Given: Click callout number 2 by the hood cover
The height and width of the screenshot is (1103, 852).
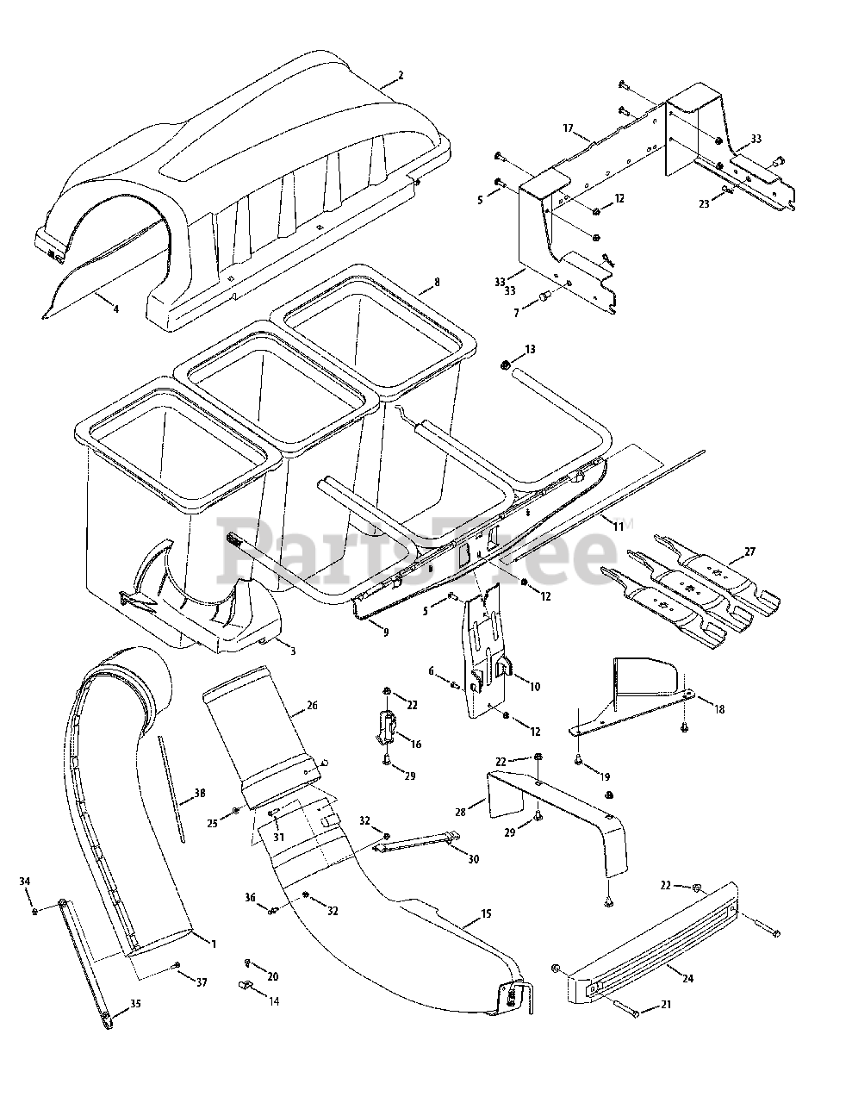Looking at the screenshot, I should [x=401, y=76].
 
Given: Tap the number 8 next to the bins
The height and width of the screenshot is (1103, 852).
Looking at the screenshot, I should [x=437, y=282].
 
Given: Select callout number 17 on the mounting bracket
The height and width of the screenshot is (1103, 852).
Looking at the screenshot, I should [x=568, y=128].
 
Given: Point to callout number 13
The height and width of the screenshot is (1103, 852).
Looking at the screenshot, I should [x=530, y=349].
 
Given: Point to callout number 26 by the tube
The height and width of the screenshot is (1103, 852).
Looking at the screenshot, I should [x=312, y=707].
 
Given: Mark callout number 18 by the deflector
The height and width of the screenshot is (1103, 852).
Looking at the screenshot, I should [x=719, y=709].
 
